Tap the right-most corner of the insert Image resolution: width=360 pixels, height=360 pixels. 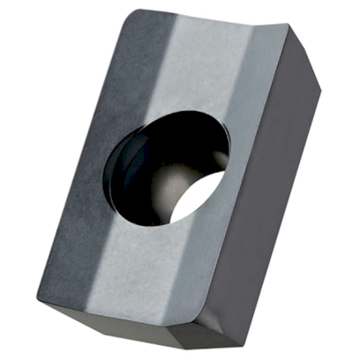pos(319,88)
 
